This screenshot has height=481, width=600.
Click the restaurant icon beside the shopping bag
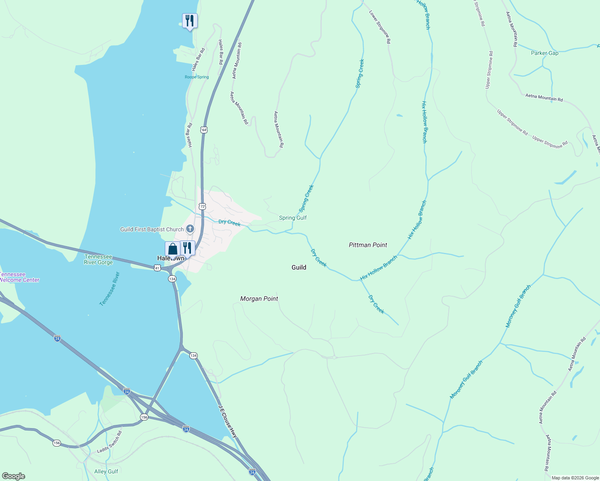point(187,248)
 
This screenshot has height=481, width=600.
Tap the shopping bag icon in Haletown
point(172,249)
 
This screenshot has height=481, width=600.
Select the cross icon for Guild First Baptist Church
point(190,229)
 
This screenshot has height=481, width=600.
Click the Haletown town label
point(171,259)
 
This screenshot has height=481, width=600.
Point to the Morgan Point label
point(259,299)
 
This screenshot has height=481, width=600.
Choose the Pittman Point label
point(368,245)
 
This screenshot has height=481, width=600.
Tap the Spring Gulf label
point(293,218)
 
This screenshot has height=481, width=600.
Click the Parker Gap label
point(544,53)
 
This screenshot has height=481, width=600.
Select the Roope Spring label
point(197,77)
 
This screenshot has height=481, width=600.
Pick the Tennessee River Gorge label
point(98,259)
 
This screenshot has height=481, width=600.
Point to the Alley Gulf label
point(106,471)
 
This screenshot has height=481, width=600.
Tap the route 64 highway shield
point(204,130)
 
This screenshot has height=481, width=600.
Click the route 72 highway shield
point(202,206)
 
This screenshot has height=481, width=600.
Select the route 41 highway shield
point(158,268)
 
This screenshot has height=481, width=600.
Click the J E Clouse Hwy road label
point(228,421)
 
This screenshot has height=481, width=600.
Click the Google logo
point(13,476)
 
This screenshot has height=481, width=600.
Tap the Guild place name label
point(299,267)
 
